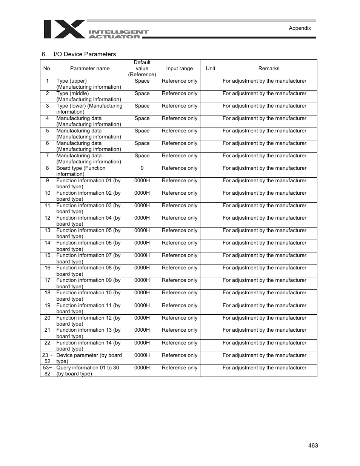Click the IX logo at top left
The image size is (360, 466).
coord(64,29)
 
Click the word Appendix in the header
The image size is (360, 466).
coord(300,28)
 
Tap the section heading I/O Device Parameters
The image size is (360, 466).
coord(85,54)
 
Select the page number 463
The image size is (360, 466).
coord(313,446)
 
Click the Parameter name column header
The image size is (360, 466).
coord(90,69)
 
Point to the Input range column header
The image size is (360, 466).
coord(179,69)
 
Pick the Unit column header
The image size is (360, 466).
coord(211,69)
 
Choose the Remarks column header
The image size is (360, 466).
coord(269,69)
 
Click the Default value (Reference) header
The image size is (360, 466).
coord(142,69)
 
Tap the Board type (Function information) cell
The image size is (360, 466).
coord(81,171)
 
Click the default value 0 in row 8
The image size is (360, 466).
coord(142,168)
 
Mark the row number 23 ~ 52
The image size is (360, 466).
coord(47,358)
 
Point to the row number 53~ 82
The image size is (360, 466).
coord(47,371)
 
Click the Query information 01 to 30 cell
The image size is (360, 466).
coord(88,371)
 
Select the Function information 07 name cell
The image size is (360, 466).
coord(88,258)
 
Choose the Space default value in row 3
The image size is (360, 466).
coord(142,106)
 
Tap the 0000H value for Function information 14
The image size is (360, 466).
coord(142,343)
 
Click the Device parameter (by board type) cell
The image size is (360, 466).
coord(89,358)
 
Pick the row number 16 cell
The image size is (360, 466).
coord(47,268)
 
